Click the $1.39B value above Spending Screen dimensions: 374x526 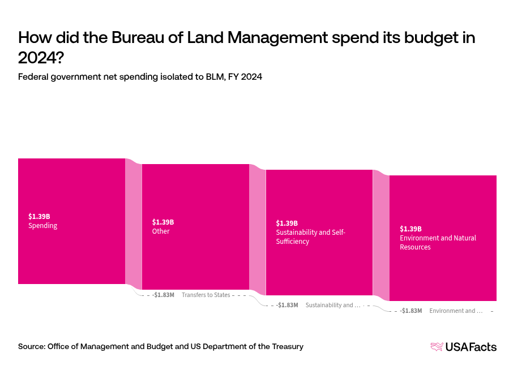39,216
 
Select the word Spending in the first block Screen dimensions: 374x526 42,226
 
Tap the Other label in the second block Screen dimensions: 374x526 161,231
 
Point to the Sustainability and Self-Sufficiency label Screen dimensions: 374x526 310,237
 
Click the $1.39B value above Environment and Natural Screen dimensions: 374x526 410,229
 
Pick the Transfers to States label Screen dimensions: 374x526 206,295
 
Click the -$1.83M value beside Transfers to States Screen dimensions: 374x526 164,295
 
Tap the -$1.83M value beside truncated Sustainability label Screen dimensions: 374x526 287,305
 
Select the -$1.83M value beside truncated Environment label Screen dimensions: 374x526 411,311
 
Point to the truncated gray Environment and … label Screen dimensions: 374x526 456,311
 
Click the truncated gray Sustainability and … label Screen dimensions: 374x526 332,305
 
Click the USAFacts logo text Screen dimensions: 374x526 471,347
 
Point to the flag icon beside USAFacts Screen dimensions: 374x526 437,347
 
